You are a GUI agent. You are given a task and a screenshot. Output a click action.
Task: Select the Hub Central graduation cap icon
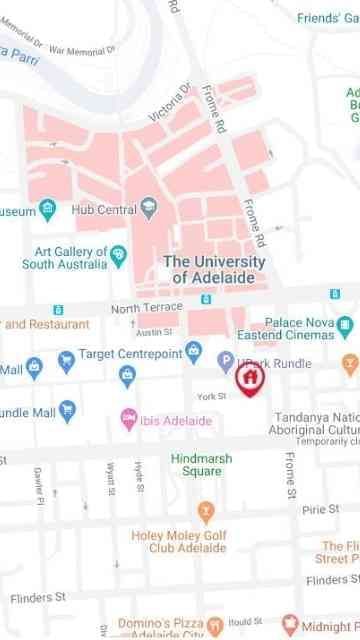point(150,210)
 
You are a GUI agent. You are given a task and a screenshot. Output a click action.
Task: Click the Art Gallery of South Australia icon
point(118,255)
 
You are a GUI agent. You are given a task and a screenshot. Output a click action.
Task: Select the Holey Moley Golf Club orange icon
point(206,514)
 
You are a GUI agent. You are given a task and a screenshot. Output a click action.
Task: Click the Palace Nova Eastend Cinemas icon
point(345,326)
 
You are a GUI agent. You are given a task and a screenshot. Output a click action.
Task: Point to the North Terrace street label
point(147,307)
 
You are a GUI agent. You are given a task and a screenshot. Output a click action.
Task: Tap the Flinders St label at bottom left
point(37,598)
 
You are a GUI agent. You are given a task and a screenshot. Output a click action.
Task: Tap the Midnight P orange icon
point(290,626)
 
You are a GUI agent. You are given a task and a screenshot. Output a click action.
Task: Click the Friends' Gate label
point(328,17)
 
